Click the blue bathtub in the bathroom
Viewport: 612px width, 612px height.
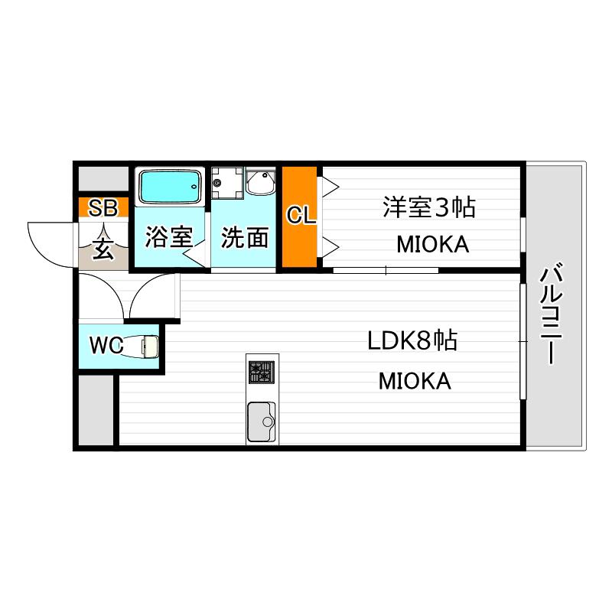[169, 187]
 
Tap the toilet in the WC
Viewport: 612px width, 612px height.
[142, 346]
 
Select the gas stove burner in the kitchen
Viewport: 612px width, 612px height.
[262, 372]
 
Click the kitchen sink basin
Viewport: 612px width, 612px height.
[262, 422]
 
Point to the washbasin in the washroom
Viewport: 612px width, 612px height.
[260, 182]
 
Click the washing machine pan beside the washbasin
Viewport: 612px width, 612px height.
[227, 183]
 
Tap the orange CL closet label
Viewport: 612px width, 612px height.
[301, 215]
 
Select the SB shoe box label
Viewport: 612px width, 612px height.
[103, 208]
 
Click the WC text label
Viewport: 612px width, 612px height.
[106, 346]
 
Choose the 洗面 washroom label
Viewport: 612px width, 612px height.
[245, 237]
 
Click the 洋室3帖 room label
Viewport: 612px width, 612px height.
[429, 207]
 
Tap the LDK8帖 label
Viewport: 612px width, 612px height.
[412, 340]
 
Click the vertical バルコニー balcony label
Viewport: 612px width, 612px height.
[551, 314]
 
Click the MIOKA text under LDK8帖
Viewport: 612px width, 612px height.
[415, 381]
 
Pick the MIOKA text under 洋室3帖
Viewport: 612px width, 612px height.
[433, 245]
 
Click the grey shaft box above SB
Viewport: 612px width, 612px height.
[103, 179]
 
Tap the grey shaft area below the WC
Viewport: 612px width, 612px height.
[96, 410]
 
